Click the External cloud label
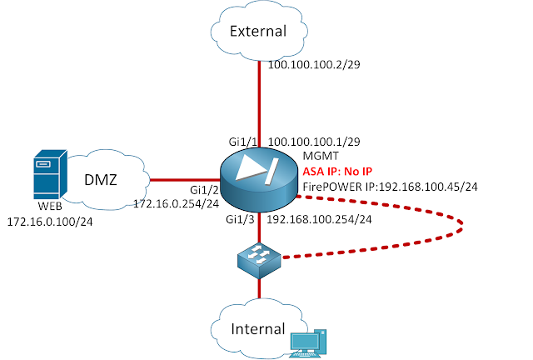tap(258, 32)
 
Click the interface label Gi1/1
tap(242, 143)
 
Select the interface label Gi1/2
tap(203, 190)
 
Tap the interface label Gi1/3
tap(242, 219)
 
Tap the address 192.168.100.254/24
tap(319, 219)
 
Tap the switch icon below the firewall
tap(259, 262)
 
